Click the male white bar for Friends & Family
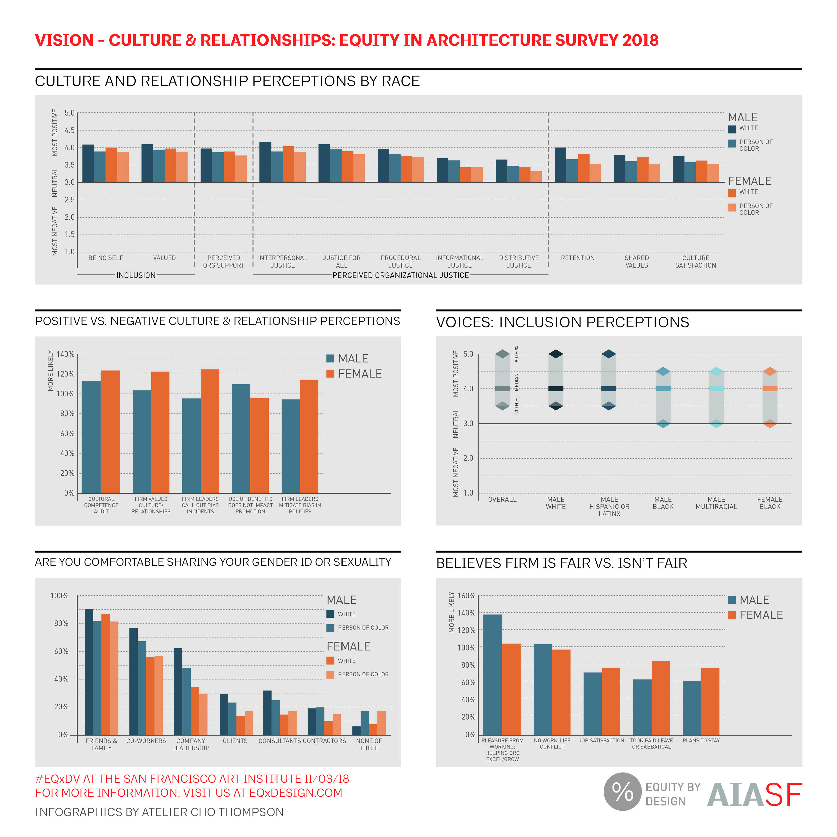point(88,672)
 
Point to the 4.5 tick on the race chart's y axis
point(69,130)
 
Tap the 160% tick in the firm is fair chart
point(467,596)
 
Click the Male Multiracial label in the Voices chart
point(716,503)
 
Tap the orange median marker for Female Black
point(770,389)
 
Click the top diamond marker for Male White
point(556,354)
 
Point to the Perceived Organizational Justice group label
point(401,275)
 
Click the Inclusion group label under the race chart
point(136,275)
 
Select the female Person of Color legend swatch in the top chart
point(732,208)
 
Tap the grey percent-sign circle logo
point(622,791)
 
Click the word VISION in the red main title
point(64,40)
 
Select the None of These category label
point(369,744)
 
